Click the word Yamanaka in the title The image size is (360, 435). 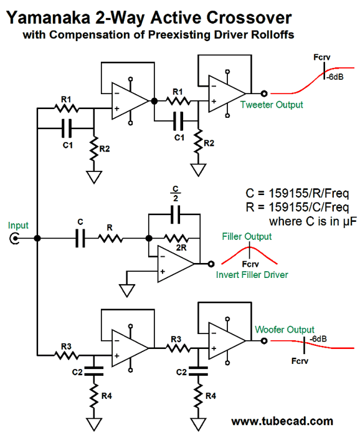pyautogui.click(x=48, y=18)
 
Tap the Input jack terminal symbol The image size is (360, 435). pyautogui.click(x=14, y=238)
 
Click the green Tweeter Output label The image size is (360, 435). pyautogui.click(x=272, y=105)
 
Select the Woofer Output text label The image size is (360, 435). pyautogui.click(x=285, y=330)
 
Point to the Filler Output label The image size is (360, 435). pyautogui.click(x=247, y=237)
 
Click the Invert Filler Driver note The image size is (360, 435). pyautogui.click(x=252, y=275)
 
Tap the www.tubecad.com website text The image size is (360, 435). pyautogui.click(x=282, y=421)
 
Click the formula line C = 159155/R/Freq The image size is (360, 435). pyautogui.click(x=297, y=193)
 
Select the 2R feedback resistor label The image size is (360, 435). pyautogui.click(x=181, y=248)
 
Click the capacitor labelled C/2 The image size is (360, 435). pyautogui.click(x=175, y=214)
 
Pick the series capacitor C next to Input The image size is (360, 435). pyautogui.click(x=80, y=238)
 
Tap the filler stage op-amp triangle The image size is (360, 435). pyautogui.click(x=176, y=264)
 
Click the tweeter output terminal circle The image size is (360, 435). pyautogui.click(x=264, y=93)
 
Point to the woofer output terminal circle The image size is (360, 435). pyautogui.click(x=264, y=341)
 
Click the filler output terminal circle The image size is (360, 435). pyautogui.click(x=211, y=264)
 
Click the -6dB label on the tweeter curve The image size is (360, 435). pyautogui.click(x=334, y=77)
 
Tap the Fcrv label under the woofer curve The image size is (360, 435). pyautogui.click(x=300, y=361)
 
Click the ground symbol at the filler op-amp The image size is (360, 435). pyautogui.click(x=127, y=290)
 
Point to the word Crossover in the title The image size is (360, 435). pyautogui.click(x=249, y=18)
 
